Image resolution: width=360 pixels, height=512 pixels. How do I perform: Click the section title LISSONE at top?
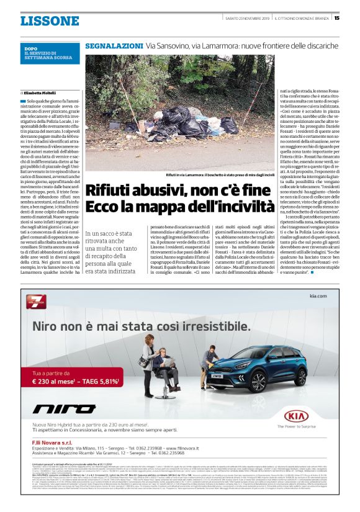(50, 21)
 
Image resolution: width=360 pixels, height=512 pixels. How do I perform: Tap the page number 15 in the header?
(336, 17)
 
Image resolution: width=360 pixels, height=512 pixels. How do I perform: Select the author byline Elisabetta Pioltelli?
(42, 91)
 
